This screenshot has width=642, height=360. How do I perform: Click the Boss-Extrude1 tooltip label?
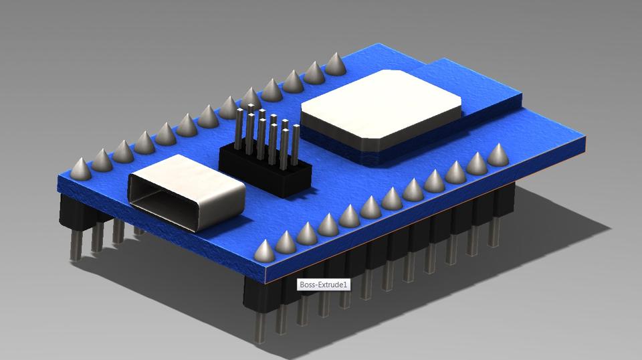[324, 285]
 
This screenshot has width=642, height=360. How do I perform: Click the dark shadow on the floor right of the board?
[535, 234]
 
